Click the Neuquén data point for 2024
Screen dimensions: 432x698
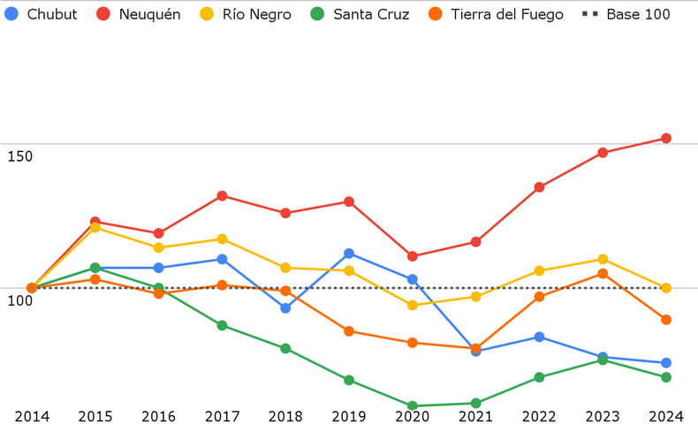[666, 139]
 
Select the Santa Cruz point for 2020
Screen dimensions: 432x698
[413, 406]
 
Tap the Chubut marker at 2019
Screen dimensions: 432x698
[349, 254]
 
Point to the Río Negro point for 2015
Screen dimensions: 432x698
[95, 228]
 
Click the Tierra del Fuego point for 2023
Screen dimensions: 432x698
[603, 274]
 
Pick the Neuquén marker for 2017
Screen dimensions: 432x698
[222, 196]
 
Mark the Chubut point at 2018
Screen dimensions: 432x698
[285, 308]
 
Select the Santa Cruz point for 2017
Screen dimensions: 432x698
[222, 326]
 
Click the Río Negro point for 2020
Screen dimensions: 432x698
[413, 306]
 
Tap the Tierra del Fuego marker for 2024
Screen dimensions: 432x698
[666, 320]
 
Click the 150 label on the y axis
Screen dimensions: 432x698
[19, 156]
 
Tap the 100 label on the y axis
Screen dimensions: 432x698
[19, 300]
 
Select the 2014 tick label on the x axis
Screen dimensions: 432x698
[32, 416]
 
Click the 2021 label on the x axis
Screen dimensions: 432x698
[476, 416]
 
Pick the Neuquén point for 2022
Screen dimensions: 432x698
[539, 187]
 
